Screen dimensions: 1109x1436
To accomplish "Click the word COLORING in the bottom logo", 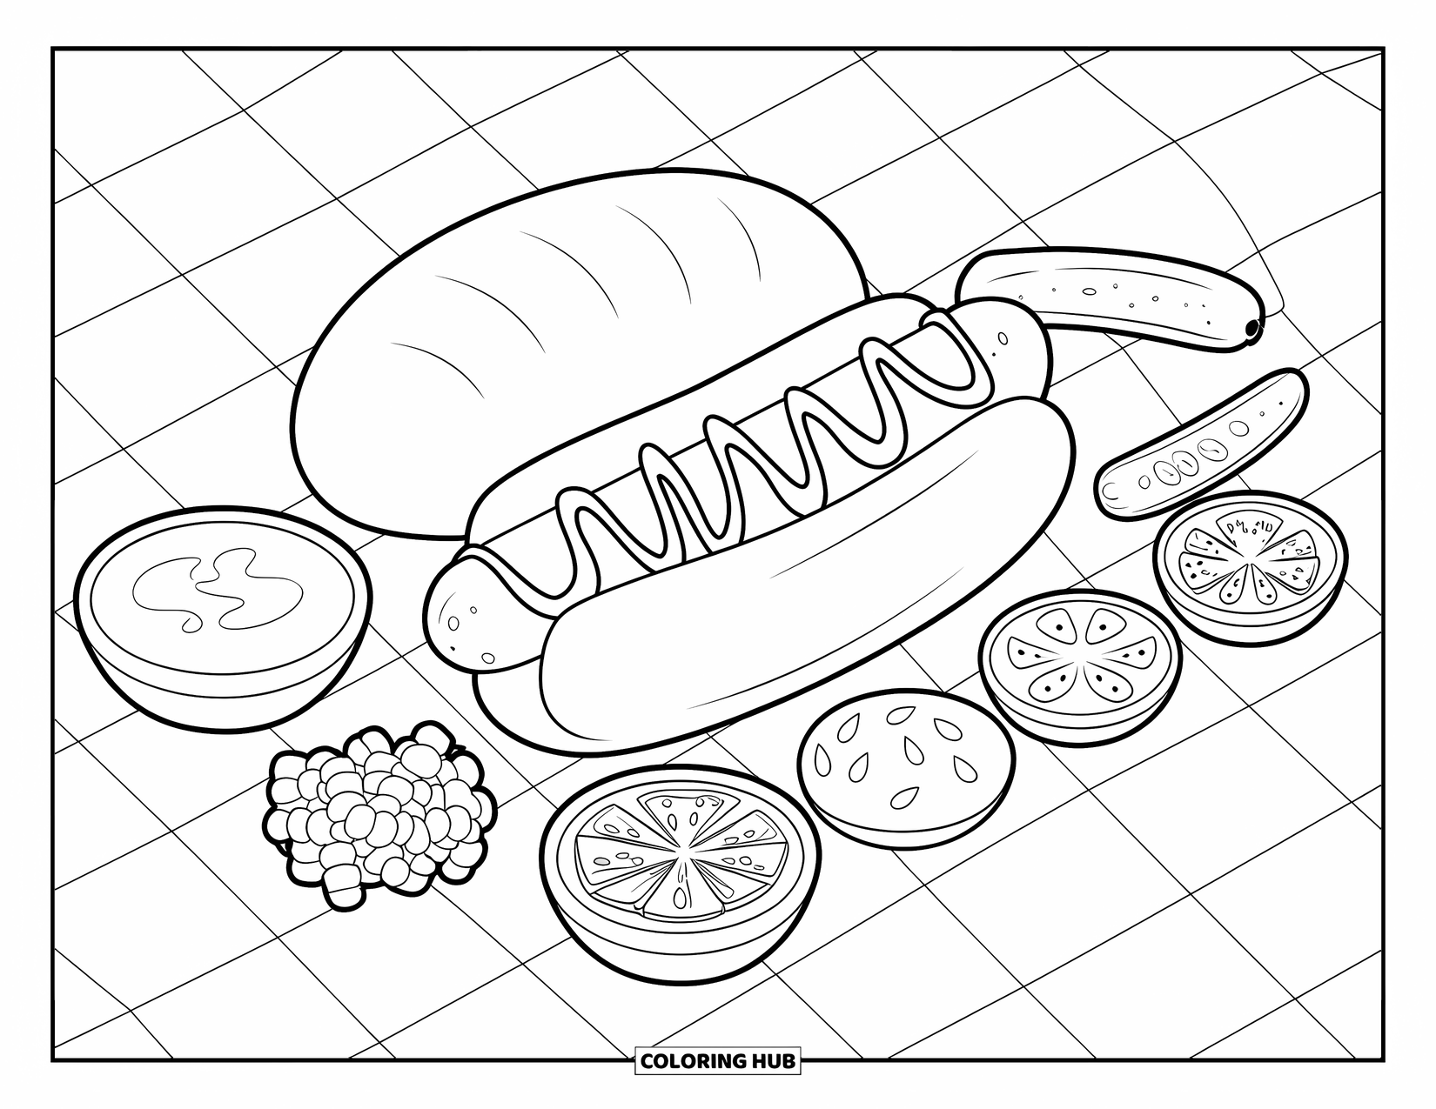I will point(692,1060).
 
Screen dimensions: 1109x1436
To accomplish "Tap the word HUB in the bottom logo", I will point(771,1060).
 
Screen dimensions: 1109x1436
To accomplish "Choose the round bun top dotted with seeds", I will point(905,765).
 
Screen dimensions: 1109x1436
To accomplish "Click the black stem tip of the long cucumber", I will point(1252,328).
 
